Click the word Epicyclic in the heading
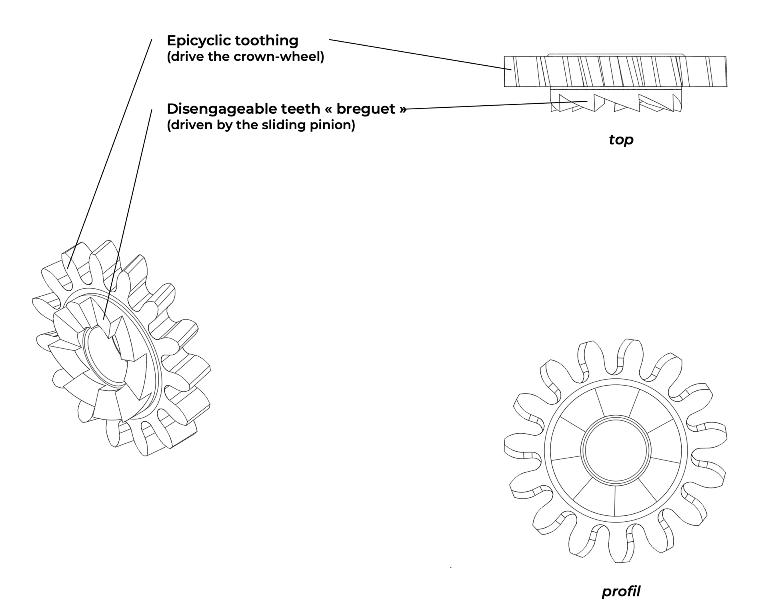[x=199, y=41]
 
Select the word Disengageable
[x=210, y=109]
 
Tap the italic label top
[x=621, y=140]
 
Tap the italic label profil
[x=621, y=591]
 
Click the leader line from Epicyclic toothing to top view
[x=420, y=55]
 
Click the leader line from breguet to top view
[x=496, y=105]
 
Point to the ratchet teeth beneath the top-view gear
[x=616, y=103]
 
